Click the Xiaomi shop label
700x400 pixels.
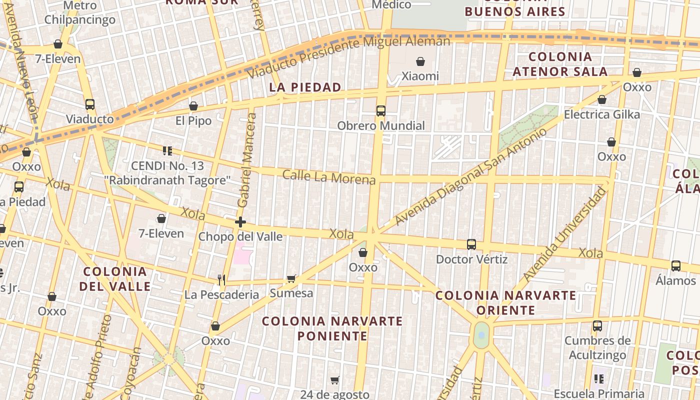[420, 76]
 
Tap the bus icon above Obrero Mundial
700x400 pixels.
[381, 111]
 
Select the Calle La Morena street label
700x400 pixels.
[328, 177]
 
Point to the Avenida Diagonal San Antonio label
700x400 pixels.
[470, 176]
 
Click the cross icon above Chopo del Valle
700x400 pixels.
[240, 222]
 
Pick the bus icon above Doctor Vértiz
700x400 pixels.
[471, 244]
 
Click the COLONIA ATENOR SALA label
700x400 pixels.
[560, 64]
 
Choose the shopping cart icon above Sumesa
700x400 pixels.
[291, 278]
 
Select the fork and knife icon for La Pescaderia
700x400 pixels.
[221, 279]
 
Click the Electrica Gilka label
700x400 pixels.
[601, 114]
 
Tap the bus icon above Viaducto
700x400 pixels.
[90, 104]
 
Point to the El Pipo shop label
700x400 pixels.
[193, 120]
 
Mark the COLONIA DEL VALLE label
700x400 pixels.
[115, 279]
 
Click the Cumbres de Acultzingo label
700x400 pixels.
[597, 348]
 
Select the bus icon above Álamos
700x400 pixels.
[676, 266]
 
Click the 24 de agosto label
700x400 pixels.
[335, 394]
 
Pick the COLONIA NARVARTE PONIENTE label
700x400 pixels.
[332, 328]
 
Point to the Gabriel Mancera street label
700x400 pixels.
[246, 160]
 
